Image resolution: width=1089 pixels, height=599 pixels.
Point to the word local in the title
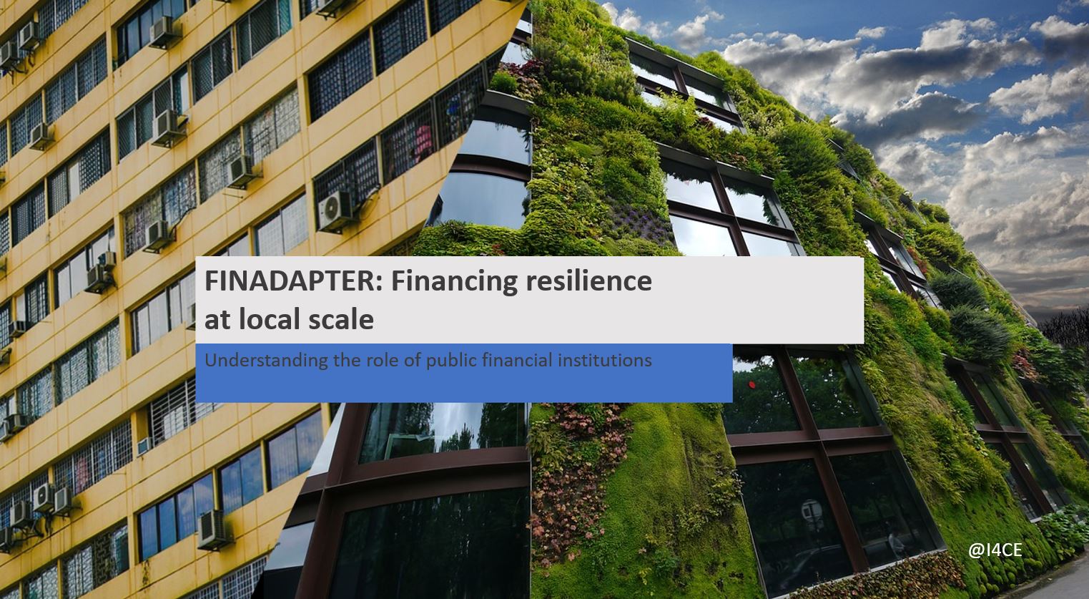click(x=267, y=319)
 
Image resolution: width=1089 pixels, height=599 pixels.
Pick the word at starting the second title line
click(x=216, y=321)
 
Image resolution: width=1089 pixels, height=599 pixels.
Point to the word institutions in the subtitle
click(x=604, y=360)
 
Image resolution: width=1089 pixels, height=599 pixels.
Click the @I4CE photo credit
click(x=995, y=550)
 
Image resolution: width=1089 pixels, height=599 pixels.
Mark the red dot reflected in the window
click(x=753, y=384)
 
